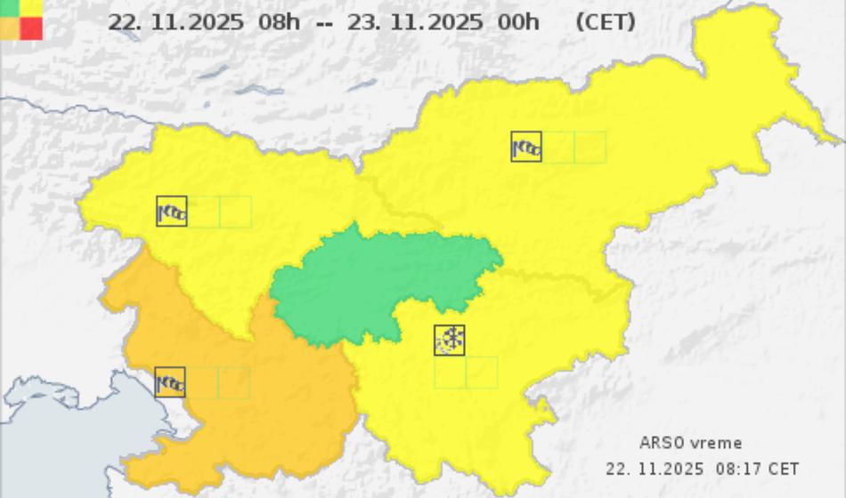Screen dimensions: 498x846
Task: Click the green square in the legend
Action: (9, 7)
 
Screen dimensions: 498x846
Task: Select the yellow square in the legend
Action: (32, 7)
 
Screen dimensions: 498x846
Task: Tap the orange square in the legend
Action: (9, 28)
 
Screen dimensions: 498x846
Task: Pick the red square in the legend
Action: (32, 28)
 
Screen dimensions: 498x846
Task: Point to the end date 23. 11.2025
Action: (416, 21)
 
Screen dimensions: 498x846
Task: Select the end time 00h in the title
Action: (518, 21)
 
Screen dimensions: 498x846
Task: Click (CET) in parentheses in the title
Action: (606, 21)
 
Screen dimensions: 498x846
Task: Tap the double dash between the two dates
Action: (324, 22)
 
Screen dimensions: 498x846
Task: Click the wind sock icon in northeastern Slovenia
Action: (526, 147)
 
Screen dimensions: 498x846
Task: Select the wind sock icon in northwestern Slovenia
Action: (171, 212)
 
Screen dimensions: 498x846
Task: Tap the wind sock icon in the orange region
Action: (170, 382)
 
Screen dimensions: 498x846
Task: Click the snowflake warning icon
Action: (450, 340)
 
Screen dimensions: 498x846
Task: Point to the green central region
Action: (383, 285)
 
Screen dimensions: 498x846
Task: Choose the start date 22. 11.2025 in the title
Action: (175, 21)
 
